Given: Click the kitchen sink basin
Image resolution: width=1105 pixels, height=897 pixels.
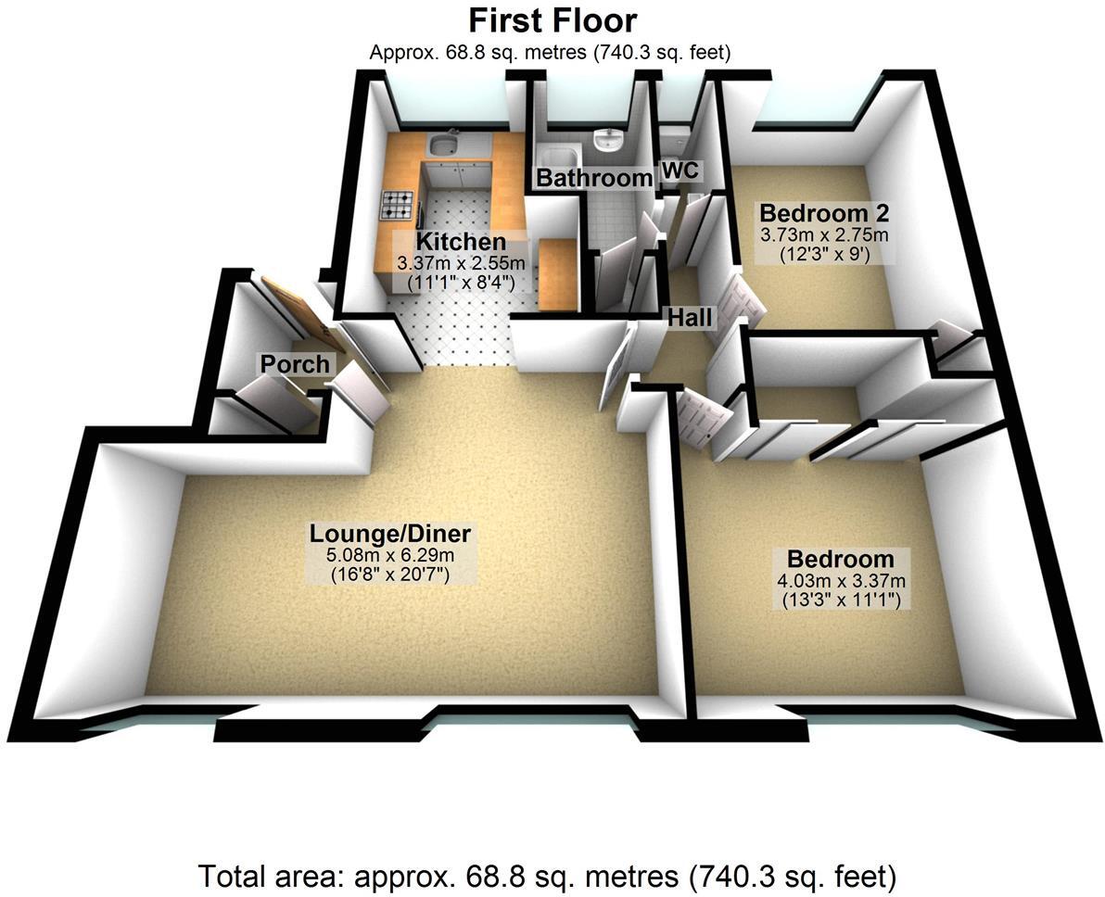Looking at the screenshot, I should pyautogui.click(x=441, y=145).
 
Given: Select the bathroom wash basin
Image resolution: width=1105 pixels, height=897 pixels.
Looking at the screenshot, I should pyautogui.click(x=607, y=141).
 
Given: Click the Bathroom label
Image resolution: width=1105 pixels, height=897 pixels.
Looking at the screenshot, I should pyautogui.click(x=594, y=178).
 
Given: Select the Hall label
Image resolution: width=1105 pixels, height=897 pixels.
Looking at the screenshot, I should pyautogui.click(x=692, y=318).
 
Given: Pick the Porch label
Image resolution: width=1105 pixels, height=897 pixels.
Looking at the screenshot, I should pyautogui.click(x=295, y=364).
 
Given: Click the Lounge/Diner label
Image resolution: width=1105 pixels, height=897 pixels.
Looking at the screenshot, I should pyautogui.click(x=390, y=534).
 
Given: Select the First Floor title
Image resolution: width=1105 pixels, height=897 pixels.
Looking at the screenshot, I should pyautogui.click(x=552, y=20).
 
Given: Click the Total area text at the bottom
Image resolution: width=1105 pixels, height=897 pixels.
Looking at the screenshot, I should pyautogui.click(x=547, y=875).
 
